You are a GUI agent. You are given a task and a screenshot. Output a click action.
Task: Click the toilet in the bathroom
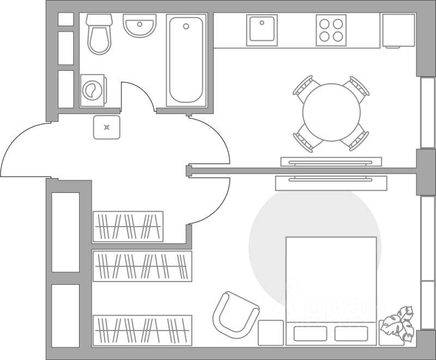pos(99,34)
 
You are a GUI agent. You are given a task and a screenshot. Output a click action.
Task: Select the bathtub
pos(185,60)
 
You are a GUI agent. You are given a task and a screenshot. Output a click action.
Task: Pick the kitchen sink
pos(262,30)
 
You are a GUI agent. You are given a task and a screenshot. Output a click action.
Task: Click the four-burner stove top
pos(331,30)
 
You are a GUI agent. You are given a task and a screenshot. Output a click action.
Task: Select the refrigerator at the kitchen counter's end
pos(398,30)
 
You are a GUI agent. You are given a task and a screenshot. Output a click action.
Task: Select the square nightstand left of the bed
pos(271,332)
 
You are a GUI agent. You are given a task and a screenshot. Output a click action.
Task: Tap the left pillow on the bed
pos(308,333)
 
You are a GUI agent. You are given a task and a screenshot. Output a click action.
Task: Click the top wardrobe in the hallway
pos(128,226)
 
